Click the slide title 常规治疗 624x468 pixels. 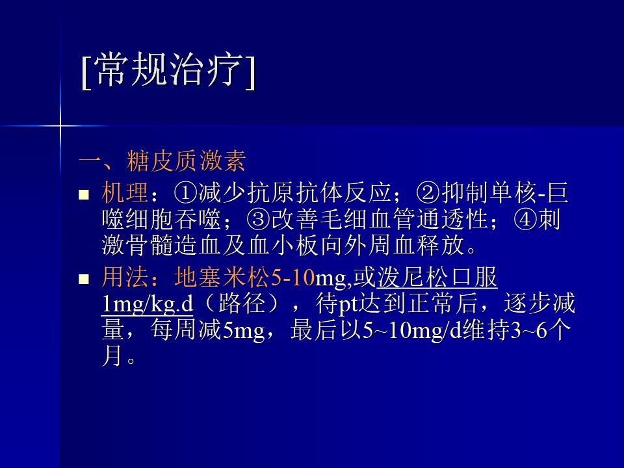coord(168,70)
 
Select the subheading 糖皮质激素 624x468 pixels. coord(187,161)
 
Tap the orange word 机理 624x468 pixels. coord(125,192)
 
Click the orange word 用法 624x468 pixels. coord(125,277)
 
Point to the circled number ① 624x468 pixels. coord(185,192)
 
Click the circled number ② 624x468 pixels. coord(428,192)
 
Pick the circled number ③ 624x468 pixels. coord(258,219)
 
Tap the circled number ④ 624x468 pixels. coord(526,219)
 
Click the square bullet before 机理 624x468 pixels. coord(84,194)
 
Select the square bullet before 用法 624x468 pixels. coord(84,279)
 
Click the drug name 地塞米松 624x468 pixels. coord(222,277)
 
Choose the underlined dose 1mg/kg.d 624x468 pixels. coord(148,304)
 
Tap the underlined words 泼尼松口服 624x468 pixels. coord(437,277)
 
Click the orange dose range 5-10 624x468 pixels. coord(292,278)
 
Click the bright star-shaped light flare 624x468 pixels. coord(60,125)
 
